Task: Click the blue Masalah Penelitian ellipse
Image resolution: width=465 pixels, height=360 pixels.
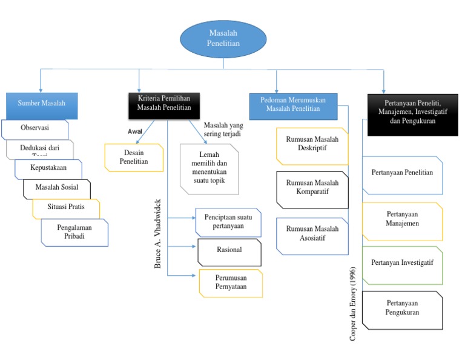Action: pyautogui.click(x=223, y=39)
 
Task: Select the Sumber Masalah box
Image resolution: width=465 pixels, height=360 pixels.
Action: pyautogui.click(x=42, y=103)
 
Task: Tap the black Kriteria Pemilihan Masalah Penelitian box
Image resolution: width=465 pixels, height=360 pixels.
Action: pyautogui.click(x=164, y=103)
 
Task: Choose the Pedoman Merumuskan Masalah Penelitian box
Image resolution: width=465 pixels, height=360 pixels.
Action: pyautogui.click(x=294, y=104)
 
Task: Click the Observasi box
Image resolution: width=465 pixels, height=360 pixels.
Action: pyautogui.click(x=35, y=128)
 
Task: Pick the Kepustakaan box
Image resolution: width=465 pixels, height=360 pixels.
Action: pyautogui.click(x=48, y=167)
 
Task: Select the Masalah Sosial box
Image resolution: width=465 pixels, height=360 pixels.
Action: pyautogui.click(x=57, y=187)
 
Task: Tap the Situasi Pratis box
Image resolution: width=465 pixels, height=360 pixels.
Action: pyautogui.click(x=66, y=207)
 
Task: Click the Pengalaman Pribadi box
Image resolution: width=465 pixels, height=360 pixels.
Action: pyautogui.click(x=74, y=232)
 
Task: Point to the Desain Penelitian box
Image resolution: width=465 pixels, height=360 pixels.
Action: pyautogui.click(x=134, y=158)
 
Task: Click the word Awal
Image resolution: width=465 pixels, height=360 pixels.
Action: pyautogui.click(x=134, y=131)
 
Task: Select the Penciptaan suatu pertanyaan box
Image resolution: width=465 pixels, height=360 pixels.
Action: pyautogui.click(x=228, y=222)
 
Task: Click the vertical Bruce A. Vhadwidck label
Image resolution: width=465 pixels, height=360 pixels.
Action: pyautogui.click(x=158, y=233)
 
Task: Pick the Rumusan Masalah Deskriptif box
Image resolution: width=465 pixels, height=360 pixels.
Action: pyautogui.click(x=312, y=145)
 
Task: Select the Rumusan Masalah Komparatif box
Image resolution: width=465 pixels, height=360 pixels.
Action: pyautogui.click(x=312, y=188)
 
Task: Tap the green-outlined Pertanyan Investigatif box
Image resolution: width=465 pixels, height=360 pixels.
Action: pyautogui.click(x=402, y=264)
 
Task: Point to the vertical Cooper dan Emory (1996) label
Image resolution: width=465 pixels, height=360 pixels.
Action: pyautogui.click(x=354, y=303)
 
